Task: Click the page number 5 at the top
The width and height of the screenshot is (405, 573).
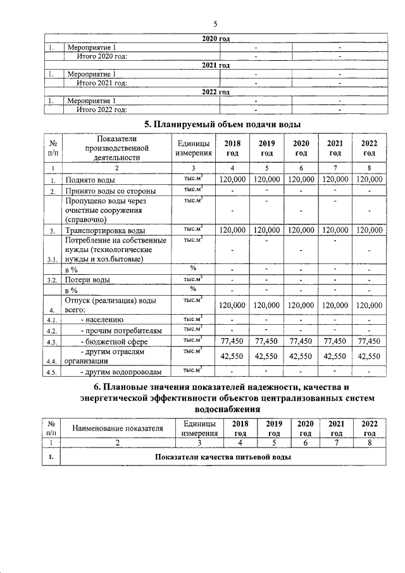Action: (215, 24)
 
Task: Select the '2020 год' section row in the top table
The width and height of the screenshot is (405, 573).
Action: (215, 39)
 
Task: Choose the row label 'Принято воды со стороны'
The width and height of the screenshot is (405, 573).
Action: (111, 191)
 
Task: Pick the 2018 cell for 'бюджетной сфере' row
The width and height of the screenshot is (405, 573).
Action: (232, 341)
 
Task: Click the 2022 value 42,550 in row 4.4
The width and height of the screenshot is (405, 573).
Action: (370, 356)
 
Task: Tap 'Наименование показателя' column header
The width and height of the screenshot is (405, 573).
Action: (117, 429)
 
